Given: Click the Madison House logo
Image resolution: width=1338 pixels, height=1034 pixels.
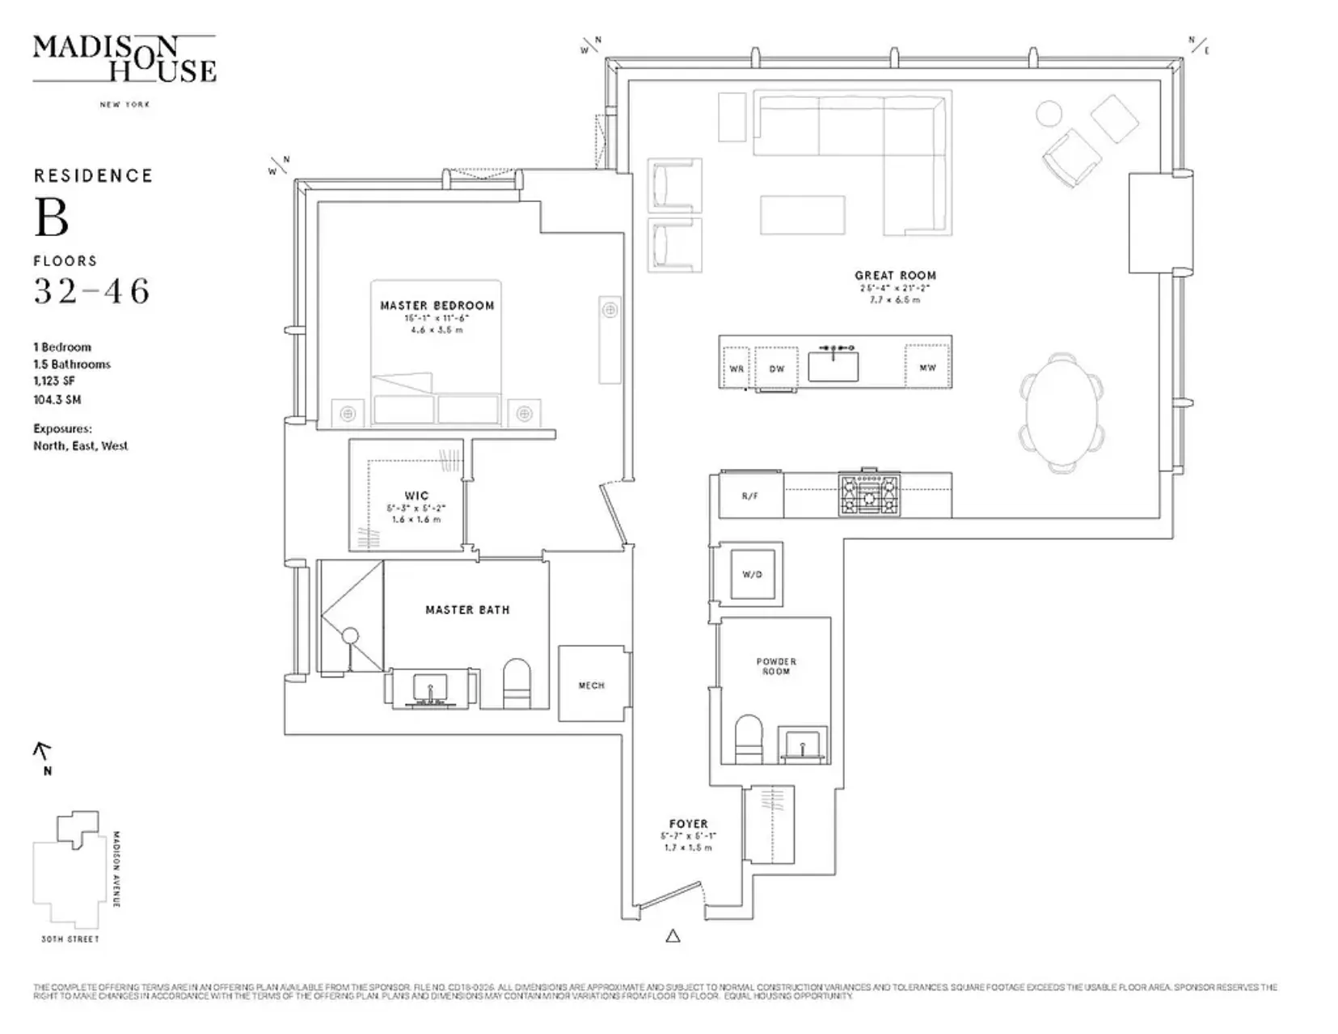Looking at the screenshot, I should (125, 59).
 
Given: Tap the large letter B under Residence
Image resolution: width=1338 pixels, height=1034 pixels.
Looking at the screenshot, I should (51, 218).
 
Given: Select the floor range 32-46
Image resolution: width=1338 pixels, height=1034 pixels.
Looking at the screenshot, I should (91, 291).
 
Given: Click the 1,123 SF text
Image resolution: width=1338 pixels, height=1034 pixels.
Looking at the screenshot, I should (54, 381).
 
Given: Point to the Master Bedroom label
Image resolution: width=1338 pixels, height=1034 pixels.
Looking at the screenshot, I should (437, 306).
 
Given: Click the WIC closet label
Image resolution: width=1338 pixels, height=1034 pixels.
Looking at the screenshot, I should (416, 496).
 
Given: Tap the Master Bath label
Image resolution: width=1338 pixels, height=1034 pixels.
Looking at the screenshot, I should (467, 610).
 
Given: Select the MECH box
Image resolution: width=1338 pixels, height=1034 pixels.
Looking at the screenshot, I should (591, 685).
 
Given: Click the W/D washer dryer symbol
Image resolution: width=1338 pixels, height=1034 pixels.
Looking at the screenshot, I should (752, 574).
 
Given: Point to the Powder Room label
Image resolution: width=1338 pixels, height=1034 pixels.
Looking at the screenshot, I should (776, 666).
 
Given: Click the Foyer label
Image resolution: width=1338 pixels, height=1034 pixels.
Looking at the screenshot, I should (688, 824).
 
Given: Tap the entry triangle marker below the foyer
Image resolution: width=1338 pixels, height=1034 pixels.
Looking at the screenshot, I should (673, 936).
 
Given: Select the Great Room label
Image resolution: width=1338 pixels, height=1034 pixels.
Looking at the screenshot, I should (895, 275).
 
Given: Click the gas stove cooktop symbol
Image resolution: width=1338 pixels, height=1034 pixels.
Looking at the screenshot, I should (869, 495).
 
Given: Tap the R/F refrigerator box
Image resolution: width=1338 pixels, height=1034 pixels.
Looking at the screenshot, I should (750, 496).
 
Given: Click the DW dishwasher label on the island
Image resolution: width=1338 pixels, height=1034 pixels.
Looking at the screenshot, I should (776, 369).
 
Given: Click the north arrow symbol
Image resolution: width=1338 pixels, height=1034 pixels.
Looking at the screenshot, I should (43, 753).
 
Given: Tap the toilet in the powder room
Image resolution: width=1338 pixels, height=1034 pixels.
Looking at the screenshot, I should (749, 739).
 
